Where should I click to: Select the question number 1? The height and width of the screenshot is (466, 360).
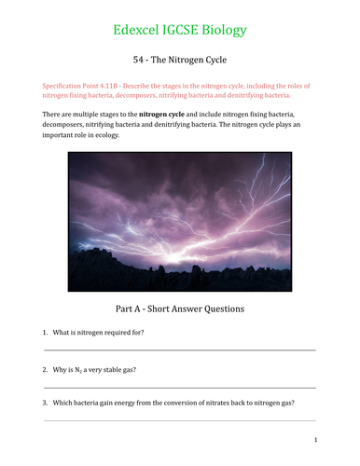click(45, 333)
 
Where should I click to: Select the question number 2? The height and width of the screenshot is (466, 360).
click(45, 370)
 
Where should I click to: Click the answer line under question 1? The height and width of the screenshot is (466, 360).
click(179, 350)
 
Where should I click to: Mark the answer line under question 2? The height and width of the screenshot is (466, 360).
click(179, 387)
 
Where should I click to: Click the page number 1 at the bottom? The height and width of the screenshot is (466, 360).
click(316, 439)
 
